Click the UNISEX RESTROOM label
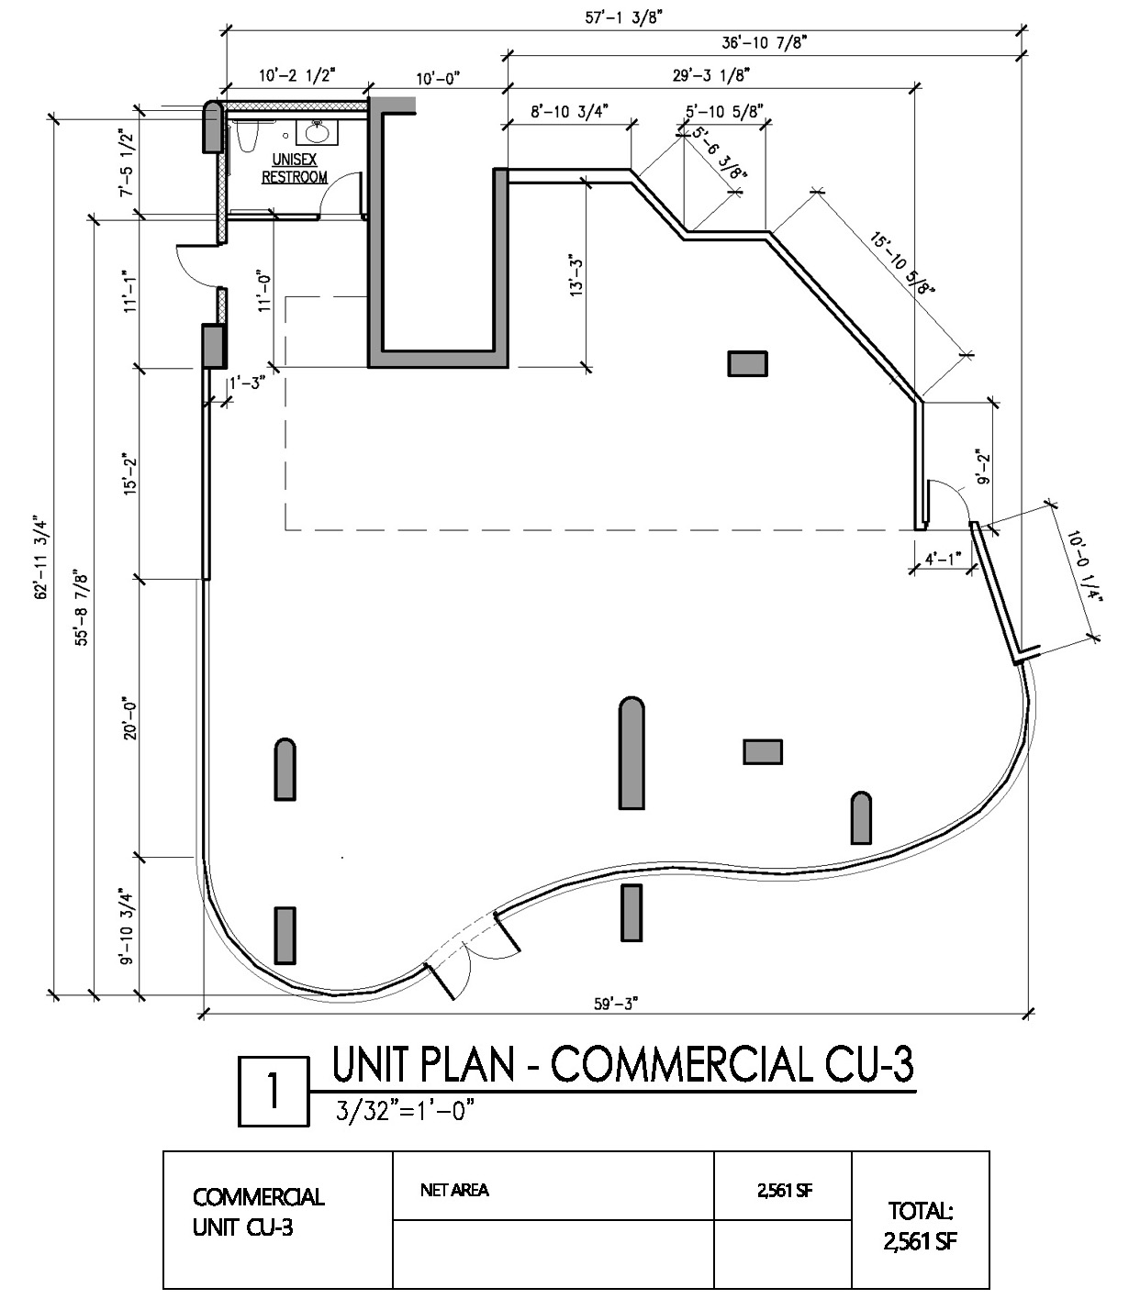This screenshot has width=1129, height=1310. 295,168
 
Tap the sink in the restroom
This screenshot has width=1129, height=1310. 318,132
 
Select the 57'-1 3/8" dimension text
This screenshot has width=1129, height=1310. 623,17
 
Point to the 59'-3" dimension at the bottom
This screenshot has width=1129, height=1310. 616,1004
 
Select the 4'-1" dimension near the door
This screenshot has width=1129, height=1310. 944,559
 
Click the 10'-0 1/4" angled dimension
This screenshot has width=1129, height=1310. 1086,565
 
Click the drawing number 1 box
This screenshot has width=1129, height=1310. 274,1092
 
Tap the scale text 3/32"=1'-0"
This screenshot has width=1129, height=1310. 405,1111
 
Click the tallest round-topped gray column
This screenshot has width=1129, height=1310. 632,753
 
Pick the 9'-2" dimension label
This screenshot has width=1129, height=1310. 984,466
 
